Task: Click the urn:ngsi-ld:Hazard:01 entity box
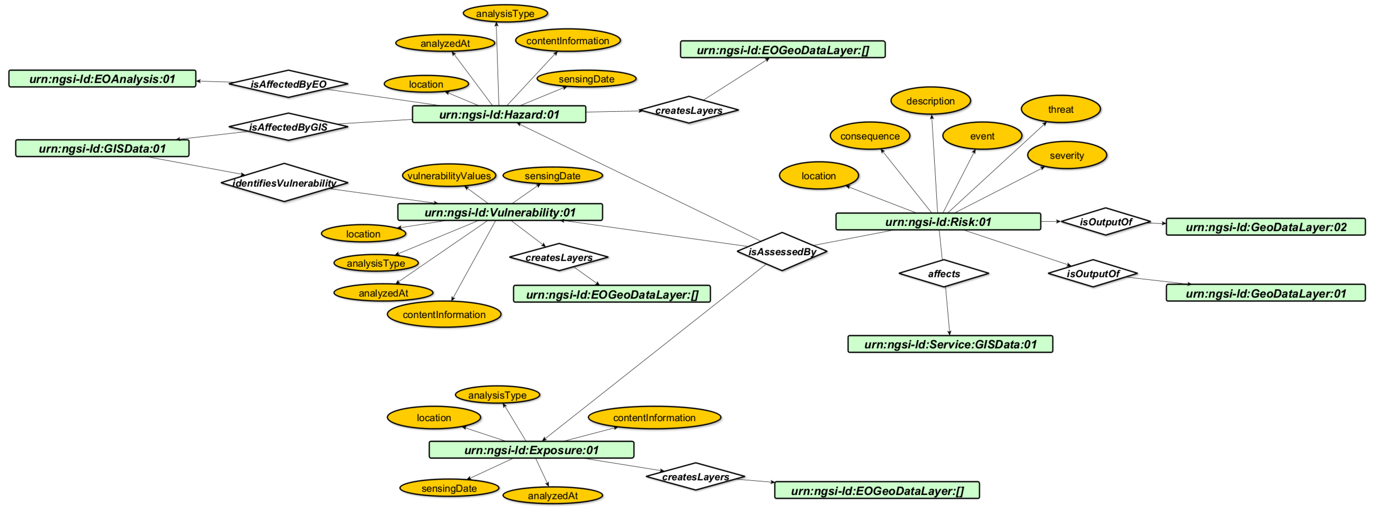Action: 498,114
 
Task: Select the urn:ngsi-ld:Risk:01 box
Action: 938,221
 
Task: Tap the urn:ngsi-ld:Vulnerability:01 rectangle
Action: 499,212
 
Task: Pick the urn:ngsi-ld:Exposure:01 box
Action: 531,450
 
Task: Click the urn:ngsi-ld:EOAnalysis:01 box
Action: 102,79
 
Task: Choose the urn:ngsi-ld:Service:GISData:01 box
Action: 950,344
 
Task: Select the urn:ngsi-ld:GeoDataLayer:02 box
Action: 1266,227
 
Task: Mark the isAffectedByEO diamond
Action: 288,84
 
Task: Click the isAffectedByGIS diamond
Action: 288,127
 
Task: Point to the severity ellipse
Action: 1067,155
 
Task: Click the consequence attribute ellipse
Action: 870,136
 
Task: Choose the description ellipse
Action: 930,101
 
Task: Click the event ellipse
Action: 982,136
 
